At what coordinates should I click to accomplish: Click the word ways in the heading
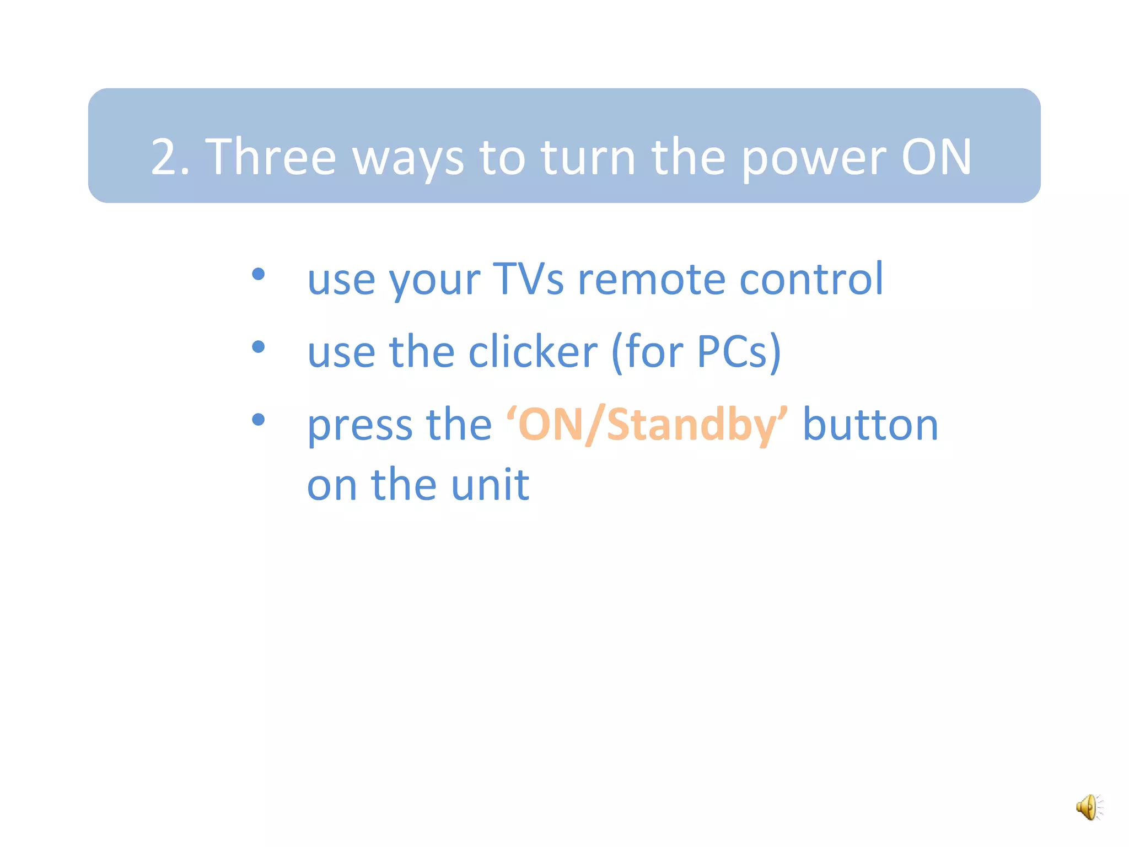pos(407,160)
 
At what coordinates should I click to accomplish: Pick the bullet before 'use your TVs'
pos(258,274)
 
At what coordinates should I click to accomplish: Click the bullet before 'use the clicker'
pos(258,347)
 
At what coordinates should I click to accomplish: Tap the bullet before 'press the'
pos(258,420)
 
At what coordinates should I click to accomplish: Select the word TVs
pos(528,279)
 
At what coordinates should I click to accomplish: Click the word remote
pos(651,279)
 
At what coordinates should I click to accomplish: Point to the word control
pos(811,278)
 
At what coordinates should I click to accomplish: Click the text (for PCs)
pos(696,352)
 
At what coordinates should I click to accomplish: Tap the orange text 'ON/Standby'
pos(647,425)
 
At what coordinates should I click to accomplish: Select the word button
pos(870,425)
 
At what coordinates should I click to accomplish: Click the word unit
pos(490,484)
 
